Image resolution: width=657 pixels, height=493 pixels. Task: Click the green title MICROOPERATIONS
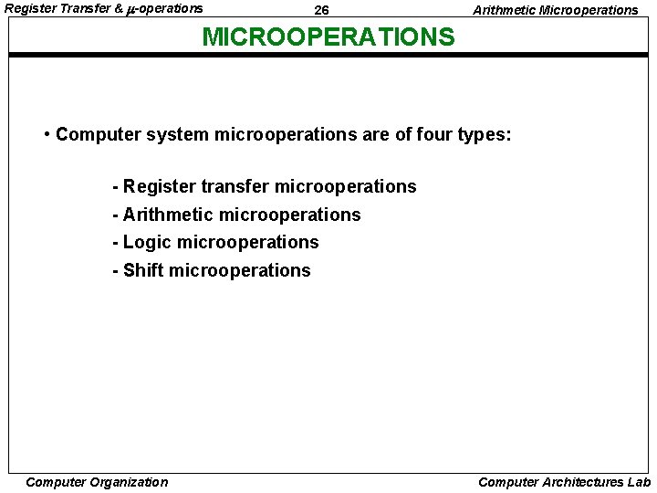(x=328, y=37)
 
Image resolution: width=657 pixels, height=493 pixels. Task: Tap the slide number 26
(x=321, y=10)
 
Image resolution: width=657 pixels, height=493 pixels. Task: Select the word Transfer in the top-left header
(x=85, y=8)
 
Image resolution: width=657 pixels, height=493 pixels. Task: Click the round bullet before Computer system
(x=47, y=135)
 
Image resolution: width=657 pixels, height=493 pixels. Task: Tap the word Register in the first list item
(x=160, y=187)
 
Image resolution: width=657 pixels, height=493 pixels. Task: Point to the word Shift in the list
(x=143, y=270)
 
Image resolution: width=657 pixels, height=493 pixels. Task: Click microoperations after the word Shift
(x=240, y=270)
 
